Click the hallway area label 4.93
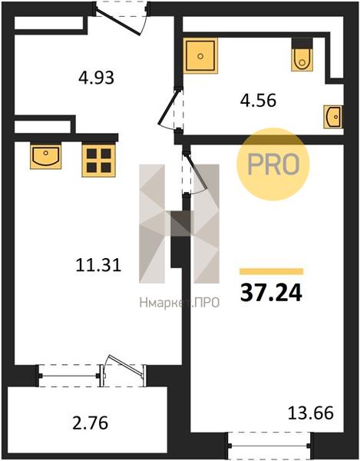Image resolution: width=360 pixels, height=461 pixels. click(x=96, y=78)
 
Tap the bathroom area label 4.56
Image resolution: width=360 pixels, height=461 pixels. click(x=258, y=101)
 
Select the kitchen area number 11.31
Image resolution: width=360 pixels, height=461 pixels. click(x=98, y=265)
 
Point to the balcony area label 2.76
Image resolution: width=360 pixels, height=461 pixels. click(x=90, y=423)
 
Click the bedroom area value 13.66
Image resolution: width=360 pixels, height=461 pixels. click(x=311, y=413)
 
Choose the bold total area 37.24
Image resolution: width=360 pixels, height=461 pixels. click(x=271, y=294)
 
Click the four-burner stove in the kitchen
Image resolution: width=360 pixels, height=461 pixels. click(x=98, y=161)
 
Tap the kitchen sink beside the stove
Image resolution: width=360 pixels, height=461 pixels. click(x=45, y=156)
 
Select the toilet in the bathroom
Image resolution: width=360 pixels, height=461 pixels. click(x=302, y=55)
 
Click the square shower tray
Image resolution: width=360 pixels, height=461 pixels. click(x=201, y=56)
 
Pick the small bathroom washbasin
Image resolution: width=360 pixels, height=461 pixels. click(x=333, y=117)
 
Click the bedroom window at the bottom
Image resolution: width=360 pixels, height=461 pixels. click(x=269, y=446)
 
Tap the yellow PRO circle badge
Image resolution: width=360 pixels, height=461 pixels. click(x=273, y=164)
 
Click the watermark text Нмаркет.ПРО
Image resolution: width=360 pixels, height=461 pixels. click(x=180, y=303)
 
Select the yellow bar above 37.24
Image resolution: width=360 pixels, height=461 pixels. click(x=271, y=271)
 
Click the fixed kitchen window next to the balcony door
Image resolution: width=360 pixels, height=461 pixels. click(x=69, y=376)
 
